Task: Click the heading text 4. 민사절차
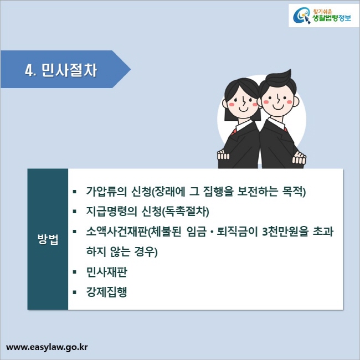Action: click(x=61, y=70)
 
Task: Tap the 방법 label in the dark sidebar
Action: click(x=47, y=241)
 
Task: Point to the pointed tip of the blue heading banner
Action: click(x=130, y=70)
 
